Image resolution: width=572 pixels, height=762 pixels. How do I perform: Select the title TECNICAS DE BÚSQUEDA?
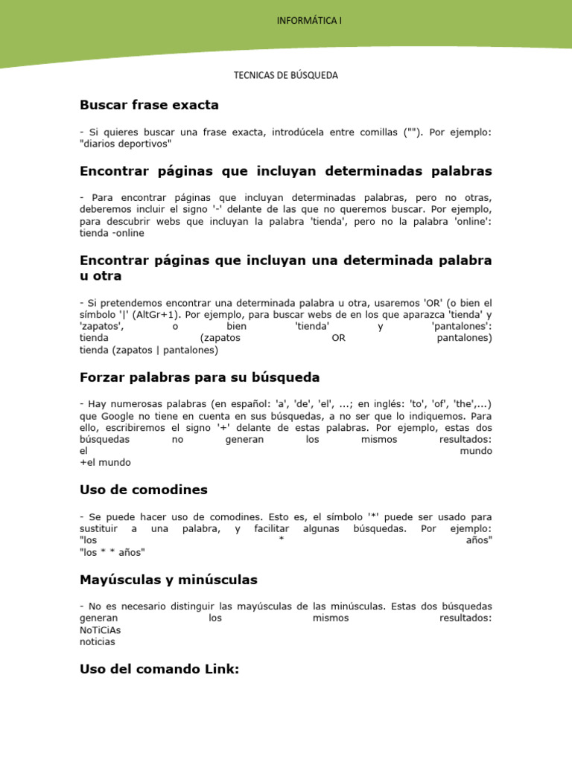[286, 75]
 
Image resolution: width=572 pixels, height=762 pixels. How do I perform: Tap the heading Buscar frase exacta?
[149, 105]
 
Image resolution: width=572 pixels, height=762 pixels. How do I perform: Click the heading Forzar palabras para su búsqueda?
[199, 377]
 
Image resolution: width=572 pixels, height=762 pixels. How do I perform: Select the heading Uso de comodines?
[143, 490]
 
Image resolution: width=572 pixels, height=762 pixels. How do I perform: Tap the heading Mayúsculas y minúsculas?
[168, 579]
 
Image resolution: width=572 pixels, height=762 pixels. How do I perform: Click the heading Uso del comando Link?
[159, 669]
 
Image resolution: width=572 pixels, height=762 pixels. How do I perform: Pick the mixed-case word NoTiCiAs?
[100, 630]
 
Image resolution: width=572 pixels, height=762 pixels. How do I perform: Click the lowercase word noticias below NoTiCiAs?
[98, 641]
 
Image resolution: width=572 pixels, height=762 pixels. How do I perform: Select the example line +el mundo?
[105, 462]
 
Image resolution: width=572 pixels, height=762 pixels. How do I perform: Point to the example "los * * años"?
[112, 551]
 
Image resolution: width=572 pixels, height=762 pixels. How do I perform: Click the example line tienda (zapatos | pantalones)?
[148, 349]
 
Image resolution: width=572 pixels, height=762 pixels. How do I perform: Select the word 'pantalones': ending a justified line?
[462, 326]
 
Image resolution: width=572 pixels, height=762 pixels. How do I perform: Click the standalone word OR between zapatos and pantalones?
[338, 338]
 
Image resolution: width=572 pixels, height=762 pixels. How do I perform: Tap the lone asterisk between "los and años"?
[282, 540]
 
